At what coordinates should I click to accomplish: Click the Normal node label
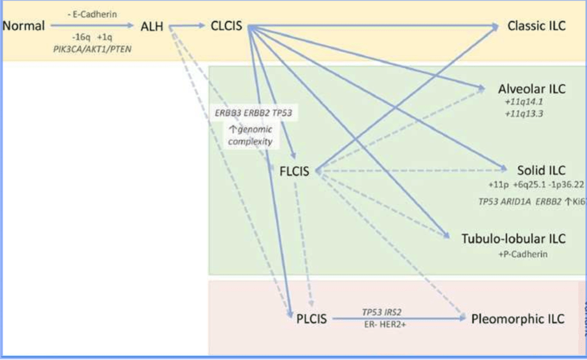[x=24, y=26]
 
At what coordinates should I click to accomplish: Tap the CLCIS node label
[x=226, y=26]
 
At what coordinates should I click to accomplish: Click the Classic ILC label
[x=537, y=26]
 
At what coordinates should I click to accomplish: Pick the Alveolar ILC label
[x=532, y=89]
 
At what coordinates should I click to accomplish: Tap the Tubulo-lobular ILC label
[x=514, y=238]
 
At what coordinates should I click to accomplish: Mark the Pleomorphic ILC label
[x=518, y=319]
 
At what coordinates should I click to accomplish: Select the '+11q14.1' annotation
[x=524, y=102]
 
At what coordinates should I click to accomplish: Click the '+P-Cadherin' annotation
[x=523, y=253]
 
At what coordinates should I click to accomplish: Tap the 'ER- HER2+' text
[x=382, y=325]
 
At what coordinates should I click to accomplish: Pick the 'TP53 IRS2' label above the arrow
[x=382, y=312]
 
